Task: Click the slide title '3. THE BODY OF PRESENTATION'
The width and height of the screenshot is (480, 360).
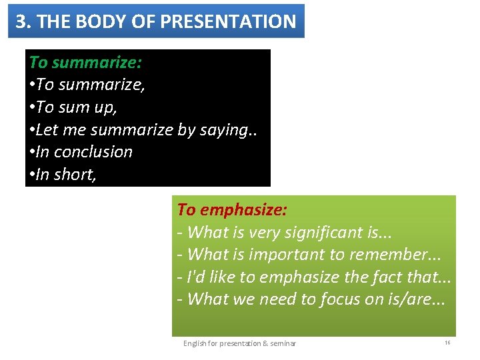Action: coord(156,21)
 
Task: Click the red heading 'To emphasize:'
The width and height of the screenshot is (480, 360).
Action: coord(232,210)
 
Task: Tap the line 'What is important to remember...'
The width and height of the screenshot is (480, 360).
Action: coord(309,254)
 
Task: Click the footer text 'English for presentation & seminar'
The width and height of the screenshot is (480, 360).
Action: coord(239,343)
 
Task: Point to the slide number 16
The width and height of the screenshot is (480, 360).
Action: coord(447,343)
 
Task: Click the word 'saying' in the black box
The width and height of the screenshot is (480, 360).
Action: coord(220,129)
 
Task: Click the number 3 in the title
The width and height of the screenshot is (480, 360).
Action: coord(21,21)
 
